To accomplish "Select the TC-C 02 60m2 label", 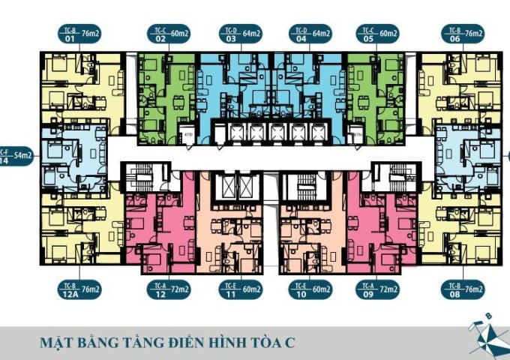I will [169, 34].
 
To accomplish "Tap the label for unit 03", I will [238, 34].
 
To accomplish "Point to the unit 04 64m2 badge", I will [307, 34].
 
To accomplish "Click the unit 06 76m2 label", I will [462, 34].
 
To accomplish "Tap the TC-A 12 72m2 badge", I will [169, 289].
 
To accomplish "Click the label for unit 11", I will [238, 289].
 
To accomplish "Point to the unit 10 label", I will [307, 289].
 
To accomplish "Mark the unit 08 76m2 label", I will [462, 289].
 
